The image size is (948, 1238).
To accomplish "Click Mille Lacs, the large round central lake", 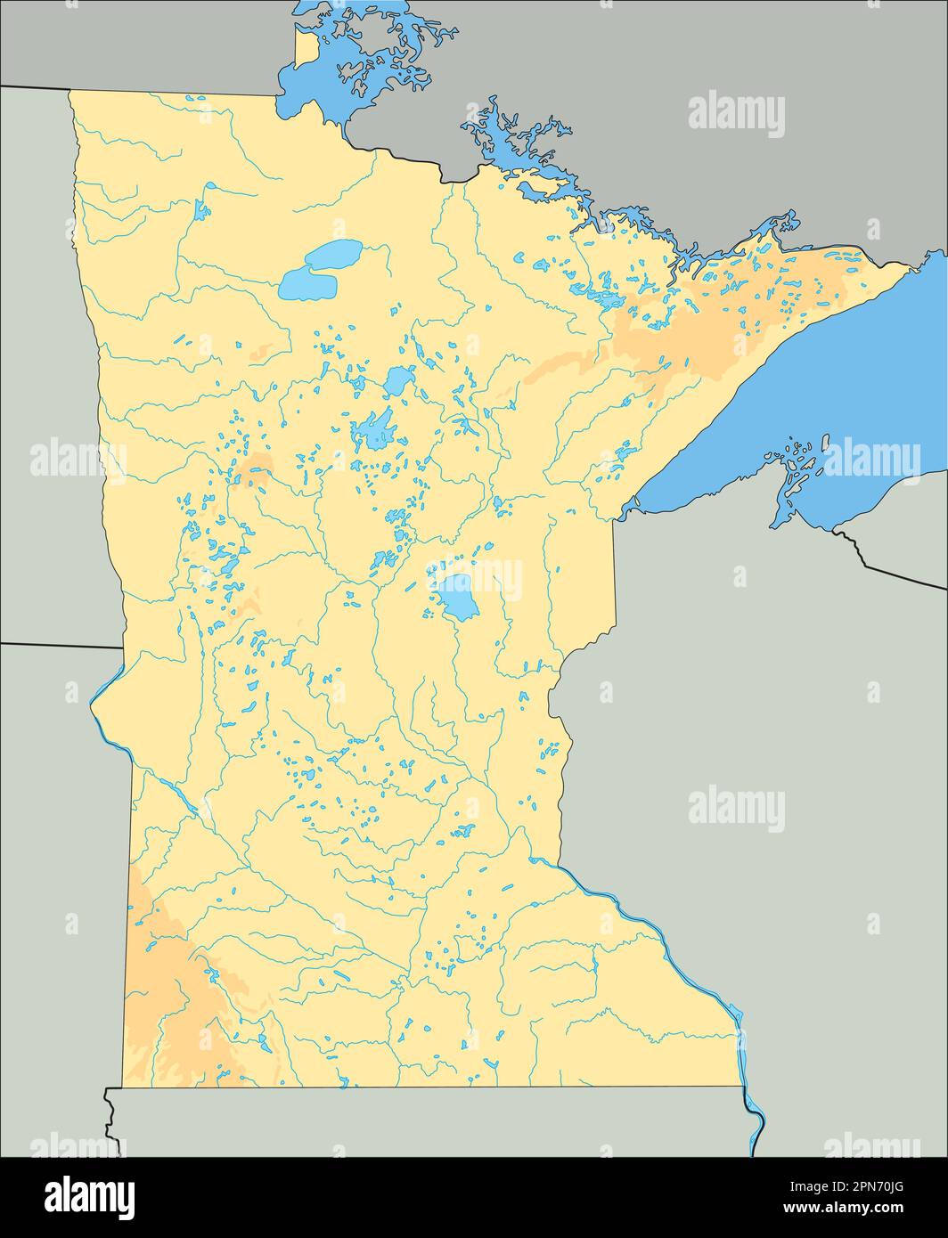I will point(456,597).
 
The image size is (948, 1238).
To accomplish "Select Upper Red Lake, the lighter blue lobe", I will point(334,254).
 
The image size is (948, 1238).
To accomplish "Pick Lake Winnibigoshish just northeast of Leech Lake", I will point(398,381).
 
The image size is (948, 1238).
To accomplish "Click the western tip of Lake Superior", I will point(634,508).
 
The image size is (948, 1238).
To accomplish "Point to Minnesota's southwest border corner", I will point(123,1087).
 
